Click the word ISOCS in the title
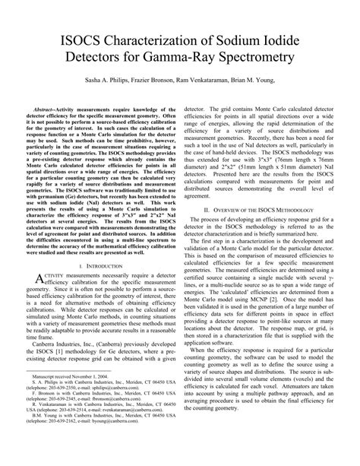click(78, 38)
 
